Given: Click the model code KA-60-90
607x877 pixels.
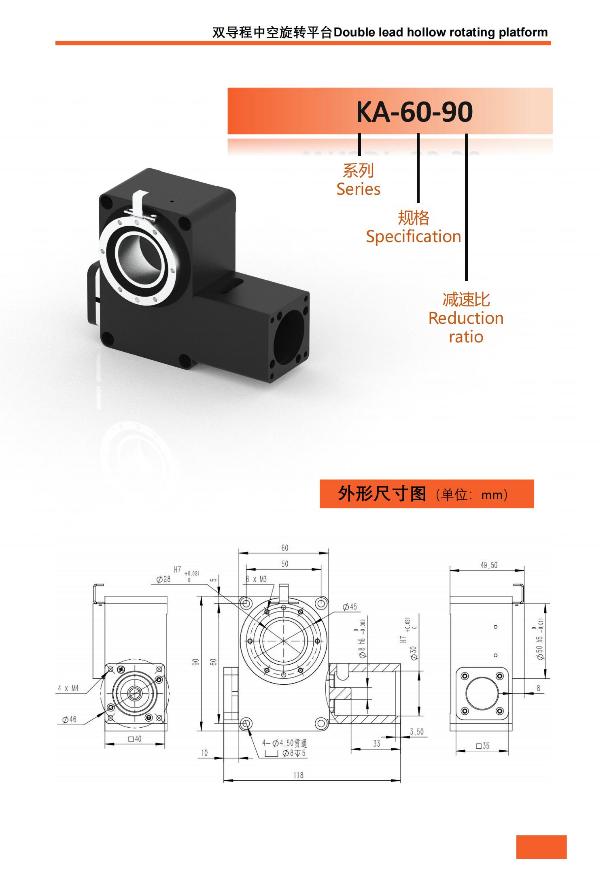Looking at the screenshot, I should [414, 112].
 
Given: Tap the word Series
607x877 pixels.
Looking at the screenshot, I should [358, 189].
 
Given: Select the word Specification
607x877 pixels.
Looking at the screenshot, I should [413, 236].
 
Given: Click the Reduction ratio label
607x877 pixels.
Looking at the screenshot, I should [466, 327].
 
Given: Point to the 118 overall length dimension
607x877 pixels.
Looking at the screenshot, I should [298, 775].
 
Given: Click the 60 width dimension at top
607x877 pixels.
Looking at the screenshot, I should [284, 548].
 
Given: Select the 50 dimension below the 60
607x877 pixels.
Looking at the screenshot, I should [284, 564].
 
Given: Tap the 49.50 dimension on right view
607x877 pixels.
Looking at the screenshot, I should [488, 565].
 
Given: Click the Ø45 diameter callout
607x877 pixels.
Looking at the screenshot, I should [350, 607].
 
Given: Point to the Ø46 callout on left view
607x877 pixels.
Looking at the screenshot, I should [69, 720].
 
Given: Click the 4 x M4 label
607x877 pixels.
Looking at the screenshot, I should [68, 688].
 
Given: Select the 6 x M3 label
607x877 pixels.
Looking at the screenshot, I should [256, 579].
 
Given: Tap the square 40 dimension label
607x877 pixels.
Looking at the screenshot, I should [135, 739].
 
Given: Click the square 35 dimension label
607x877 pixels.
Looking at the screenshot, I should [482, 745].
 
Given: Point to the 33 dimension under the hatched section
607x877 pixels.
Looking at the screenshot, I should [376, 743].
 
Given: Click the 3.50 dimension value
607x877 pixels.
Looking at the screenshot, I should [416, 732].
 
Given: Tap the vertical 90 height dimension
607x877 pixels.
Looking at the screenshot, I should [196, 662].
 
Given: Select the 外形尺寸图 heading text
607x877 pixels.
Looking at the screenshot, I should [382, 494].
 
